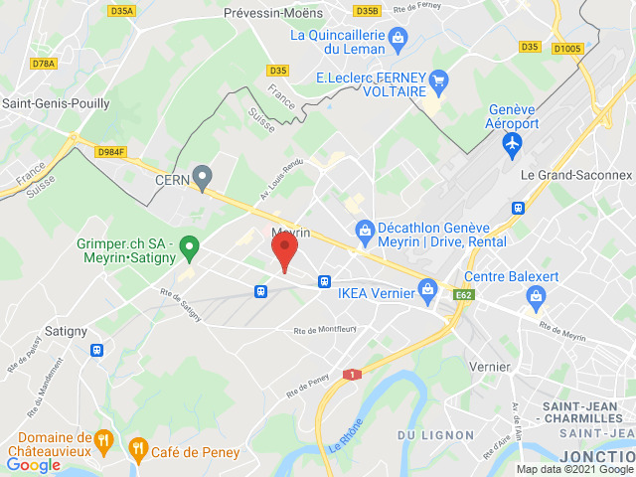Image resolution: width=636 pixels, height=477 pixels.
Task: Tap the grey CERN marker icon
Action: pyautogui.click(x=204, y=179)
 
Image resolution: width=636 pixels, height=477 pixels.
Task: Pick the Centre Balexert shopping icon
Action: pyautogui.click(x=537, y=294)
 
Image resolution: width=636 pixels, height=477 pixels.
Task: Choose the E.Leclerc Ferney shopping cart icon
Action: pyautogui.click(x=438, y=79)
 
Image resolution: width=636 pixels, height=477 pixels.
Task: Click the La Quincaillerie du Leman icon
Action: pyautogui.click(x=398, y=39)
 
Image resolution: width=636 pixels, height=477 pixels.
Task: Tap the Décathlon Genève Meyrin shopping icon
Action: pyautogui.click(x=365, y=231)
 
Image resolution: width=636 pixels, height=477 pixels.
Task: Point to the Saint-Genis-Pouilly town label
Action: pyautogui.click(x=56, y=102)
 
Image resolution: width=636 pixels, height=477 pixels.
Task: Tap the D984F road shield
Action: pyautogui.click(x=110, y=151)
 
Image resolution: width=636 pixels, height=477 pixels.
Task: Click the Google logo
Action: pyautogui.click(x=33, y=464)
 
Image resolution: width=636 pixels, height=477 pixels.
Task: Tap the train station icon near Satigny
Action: pyautogui.click(x=96, y=350)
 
